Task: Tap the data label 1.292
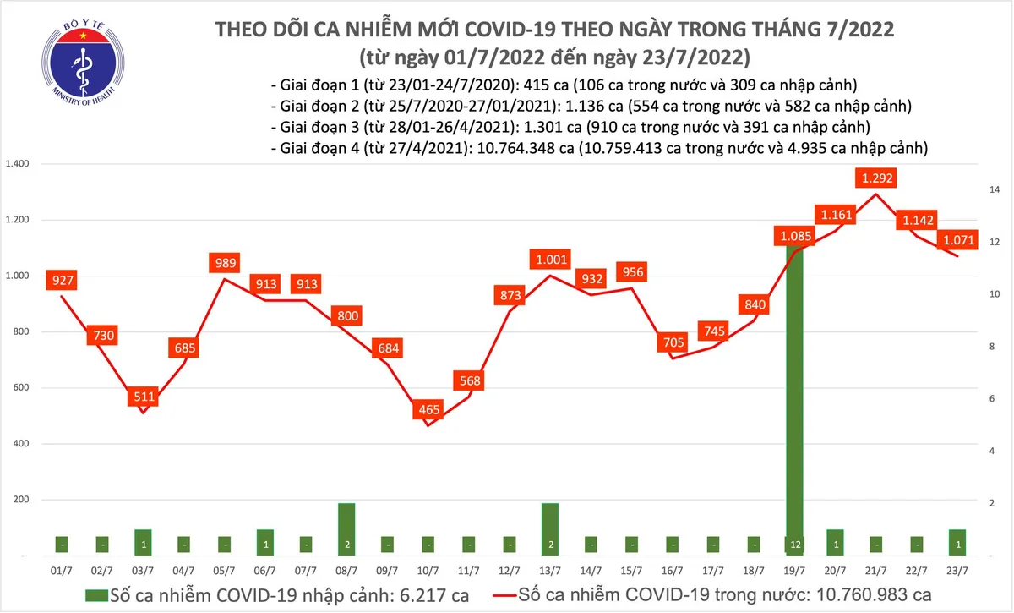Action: coord(874,178)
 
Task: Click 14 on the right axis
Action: coord(995,190)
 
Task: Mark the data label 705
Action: coord(673,342)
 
